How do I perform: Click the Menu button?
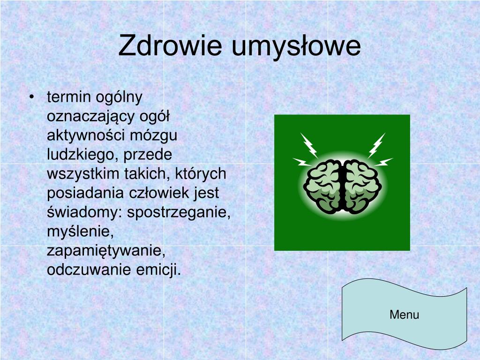[x=405, y=314]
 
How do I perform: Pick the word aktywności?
[x=86, y=135]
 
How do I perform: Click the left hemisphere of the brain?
[x=322, y=187]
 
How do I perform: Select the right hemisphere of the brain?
[x=362, y=187]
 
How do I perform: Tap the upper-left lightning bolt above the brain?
[x=309, y=145]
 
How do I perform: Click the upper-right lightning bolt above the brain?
[x=376, y=145]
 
